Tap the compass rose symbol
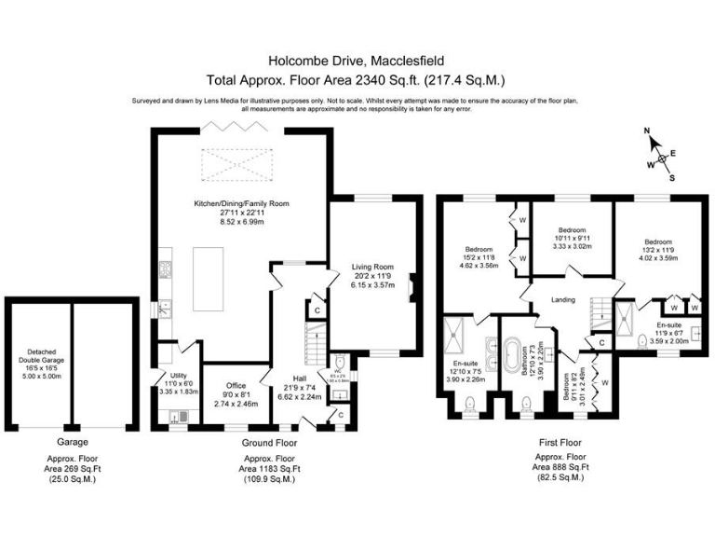(x=662, y=158)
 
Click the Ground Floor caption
(x=269, y=443)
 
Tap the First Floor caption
(x=559, y=443)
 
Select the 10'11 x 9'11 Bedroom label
(x=572, y=230)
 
